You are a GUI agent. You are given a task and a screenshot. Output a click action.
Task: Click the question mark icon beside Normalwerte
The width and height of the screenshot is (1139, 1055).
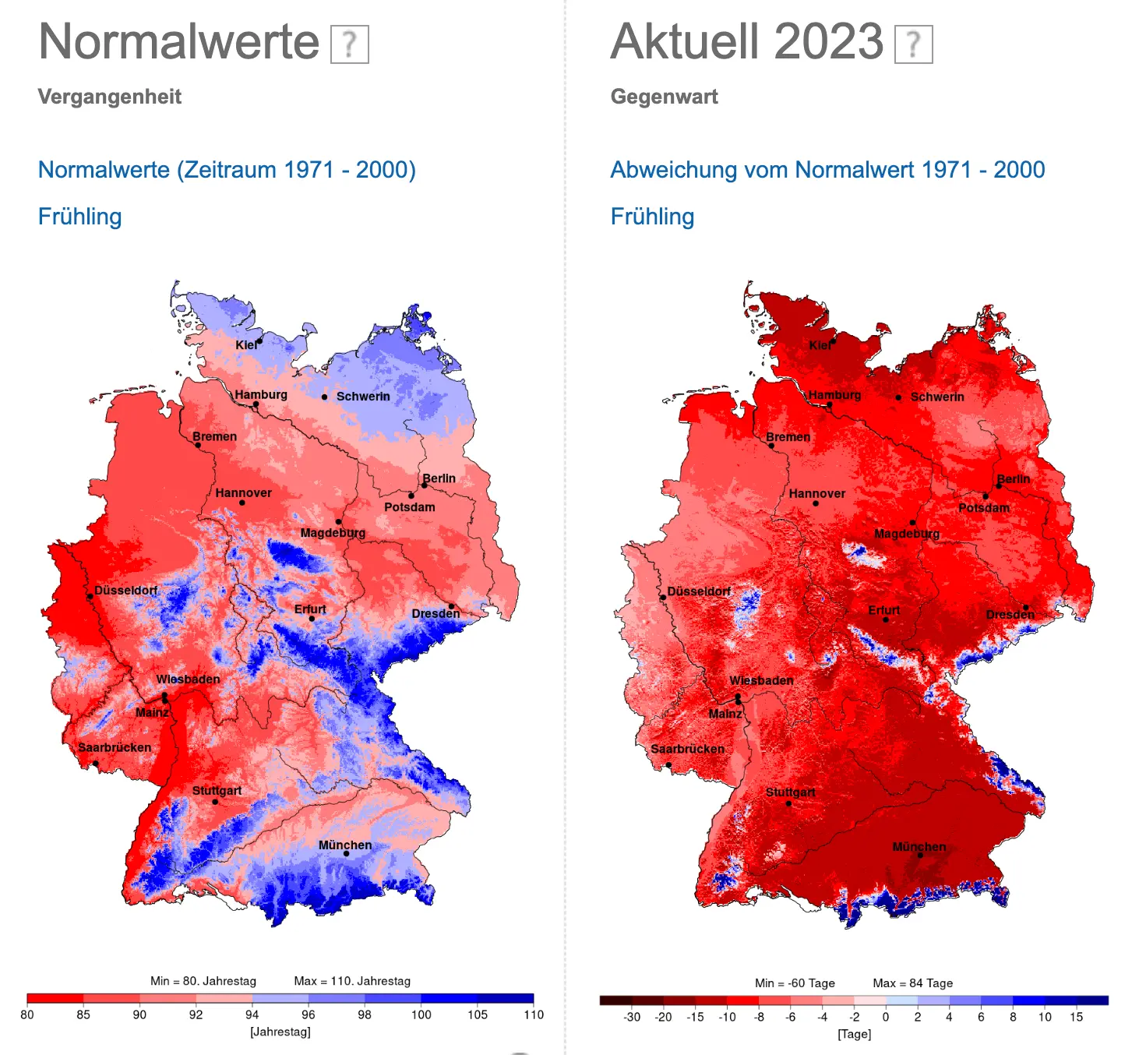(x=350, y=44)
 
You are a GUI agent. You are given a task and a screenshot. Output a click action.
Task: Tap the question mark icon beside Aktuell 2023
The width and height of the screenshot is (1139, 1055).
(x=913, y=44)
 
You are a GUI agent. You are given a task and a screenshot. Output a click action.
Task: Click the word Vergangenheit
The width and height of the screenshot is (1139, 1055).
(x=109, y=97)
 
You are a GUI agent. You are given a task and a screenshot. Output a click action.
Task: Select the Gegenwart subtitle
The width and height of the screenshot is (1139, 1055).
(x=664, y=97)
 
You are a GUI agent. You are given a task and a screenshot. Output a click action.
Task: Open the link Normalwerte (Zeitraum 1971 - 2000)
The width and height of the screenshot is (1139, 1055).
(x=227, y=170)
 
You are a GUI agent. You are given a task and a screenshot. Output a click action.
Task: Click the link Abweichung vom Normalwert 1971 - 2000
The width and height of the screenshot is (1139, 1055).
(x=827, y=170)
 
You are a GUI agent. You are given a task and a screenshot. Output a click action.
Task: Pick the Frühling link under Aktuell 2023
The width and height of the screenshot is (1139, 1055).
(x=652, y=217)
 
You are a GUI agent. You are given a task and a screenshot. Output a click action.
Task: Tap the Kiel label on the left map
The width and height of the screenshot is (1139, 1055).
(x=246, y=345)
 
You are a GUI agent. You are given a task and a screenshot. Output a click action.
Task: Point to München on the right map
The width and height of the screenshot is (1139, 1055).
(x=919, y=847)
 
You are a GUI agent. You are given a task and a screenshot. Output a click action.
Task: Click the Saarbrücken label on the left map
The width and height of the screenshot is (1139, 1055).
(x=115, y=747)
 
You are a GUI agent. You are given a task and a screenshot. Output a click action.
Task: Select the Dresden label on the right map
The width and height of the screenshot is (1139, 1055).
(x=1010, y=615)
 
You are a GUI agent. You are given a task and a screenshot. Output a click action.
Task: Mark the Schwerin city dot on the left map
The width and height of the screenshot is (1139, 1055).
(x=325, y=397)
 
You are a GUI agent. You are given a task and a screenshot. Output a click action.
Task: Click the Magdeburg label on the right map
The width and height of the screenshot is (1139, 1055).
(x=907, y=534)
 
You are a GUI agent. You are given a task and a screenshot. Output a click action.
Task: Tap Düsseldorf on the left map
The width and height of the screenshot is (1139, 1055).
(x=125, y=591)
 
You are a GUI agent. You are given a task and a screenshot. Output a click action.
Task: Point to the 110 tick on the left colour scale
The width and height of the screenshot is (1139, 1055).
(x=534, y=1014)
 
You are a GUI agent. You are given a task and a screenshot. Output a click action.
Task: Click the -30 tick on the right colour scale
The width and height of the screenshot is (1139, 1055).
(x=632, y=1017)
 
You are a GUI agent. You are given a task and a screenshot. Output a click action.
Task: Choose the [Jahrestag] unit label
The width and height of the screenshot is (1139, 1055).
(x=280, y=1032)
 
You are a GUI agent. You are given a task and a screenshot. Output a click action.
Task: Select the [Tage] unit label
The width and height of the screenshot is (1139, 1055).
(x=854, y=1034)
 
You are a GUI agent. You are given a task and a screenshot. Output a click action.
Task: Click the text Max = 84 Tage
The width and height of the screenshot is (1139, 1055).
(x=912, y=983)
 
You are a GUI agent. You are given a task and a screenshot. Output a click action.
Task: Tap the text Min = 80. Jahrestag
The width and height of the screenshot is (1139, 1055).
(x=203, y=981)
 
